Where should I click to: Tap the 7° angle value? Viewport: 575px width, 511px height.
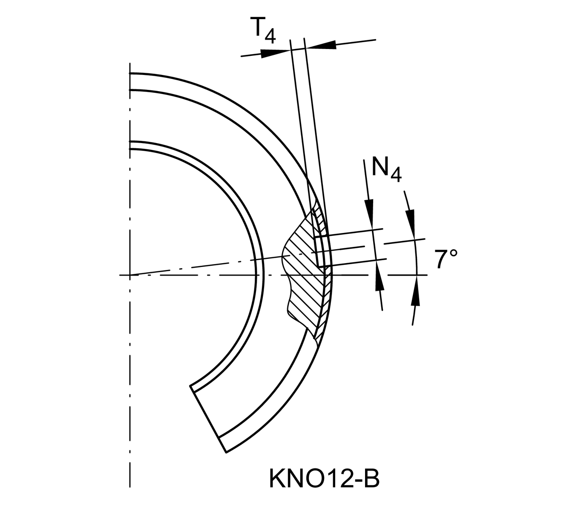(x=446, y=258)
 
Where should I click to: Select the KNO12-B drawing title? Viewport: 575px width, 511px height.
(x=324, y=477)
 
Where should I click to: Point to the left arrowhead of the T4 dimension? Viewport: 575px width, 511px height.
(x=274, y=53)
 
